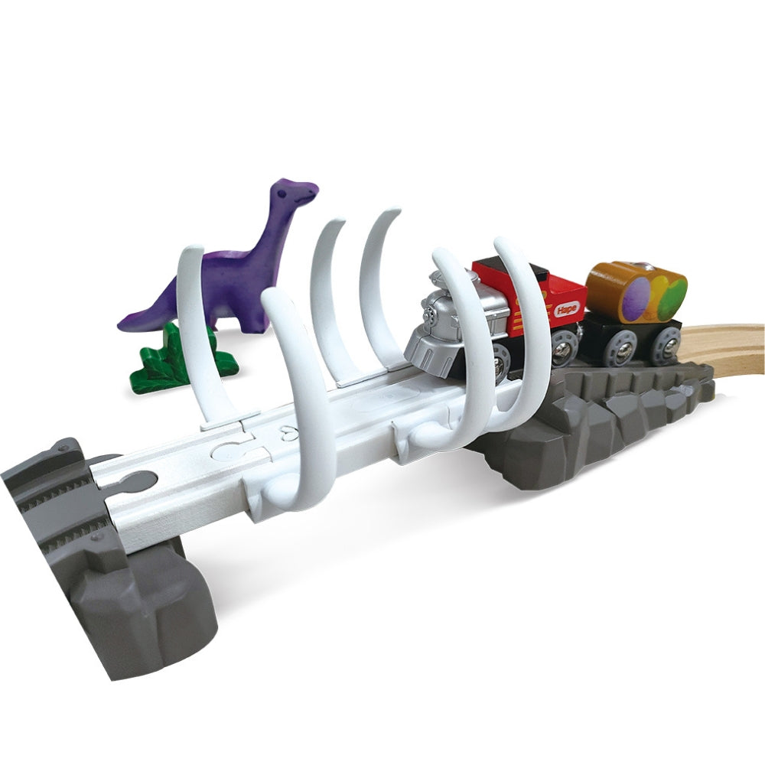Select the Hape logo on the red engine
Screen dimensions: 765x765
(x=565, y=309)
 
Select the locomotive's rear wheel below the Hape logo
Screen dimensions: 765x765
(x=564, y=349)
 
